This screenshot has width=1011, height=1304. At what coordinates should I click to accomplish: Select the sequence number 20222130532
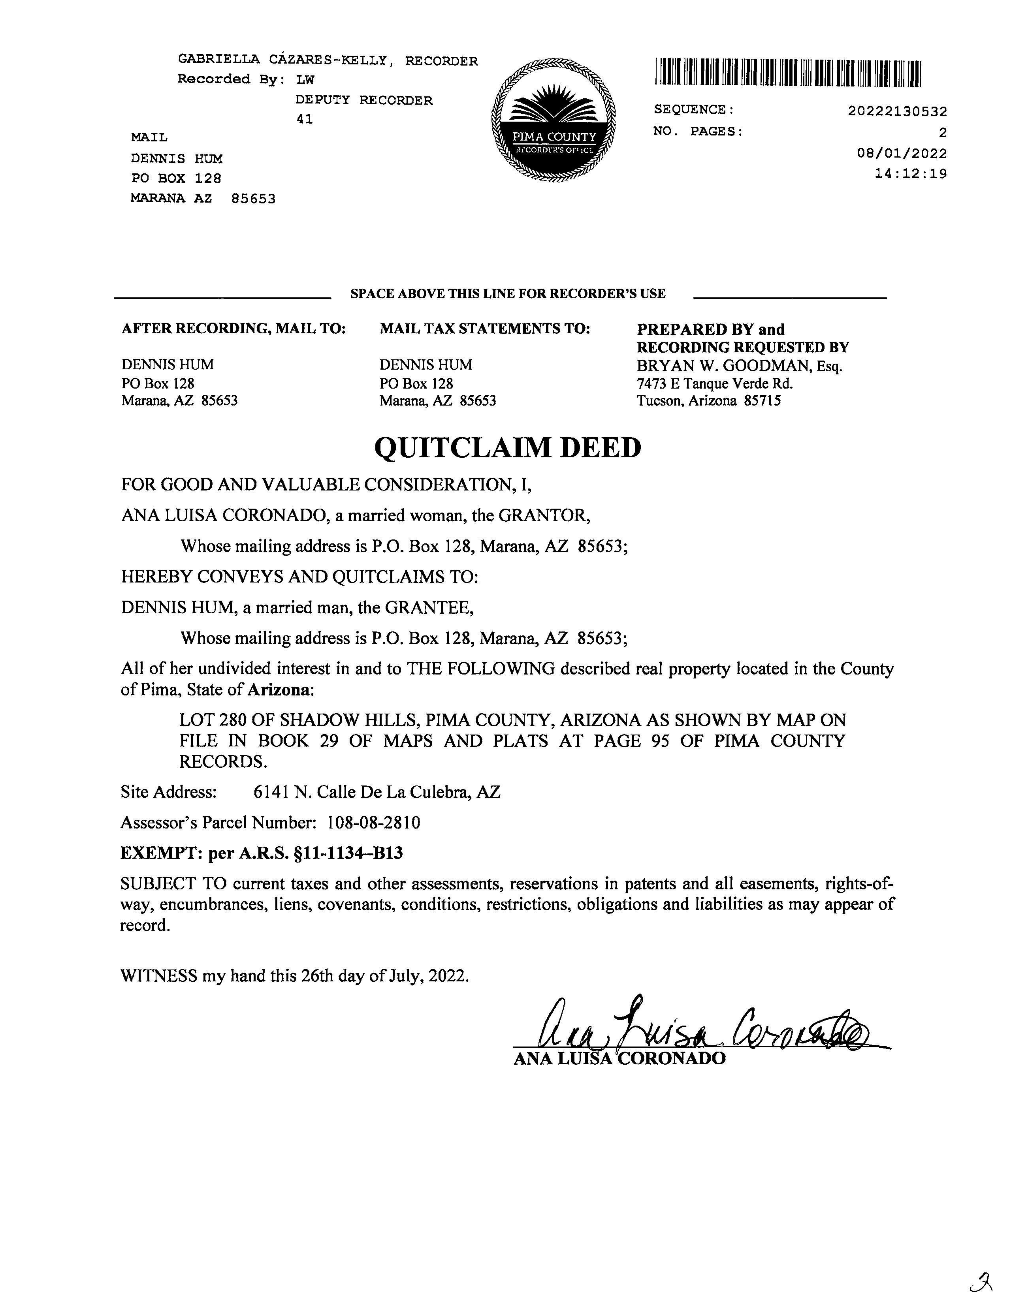[x=897, y=112]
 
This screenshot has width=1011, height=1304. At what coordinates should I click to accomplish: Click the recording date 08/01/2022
[x=902, y=154]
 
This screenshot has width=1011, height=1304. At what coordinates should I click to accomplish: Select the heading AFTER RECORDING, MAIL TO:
[x=233, y=329]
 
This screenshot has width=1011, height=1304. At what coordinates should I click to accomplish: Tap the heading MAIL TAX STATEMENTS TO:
[x=484, y=329]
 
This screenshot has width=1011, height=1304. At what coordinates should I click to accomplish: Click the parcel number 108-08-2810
[x=374, y=823]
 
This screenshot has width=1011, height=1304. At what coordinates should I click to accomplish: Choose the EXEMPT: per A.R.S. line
[x=262, y=853]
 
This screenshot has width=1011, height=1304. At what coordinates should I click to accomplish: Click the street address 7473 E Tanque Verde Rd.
[x=715, y=383]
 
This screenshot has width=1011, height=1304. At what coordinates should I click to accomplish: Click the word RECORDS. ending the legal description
[x=223, y=761]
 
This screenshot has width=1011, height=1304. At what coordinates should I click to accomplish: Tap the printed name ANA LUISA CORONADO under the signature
[x=619, y=1059]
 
